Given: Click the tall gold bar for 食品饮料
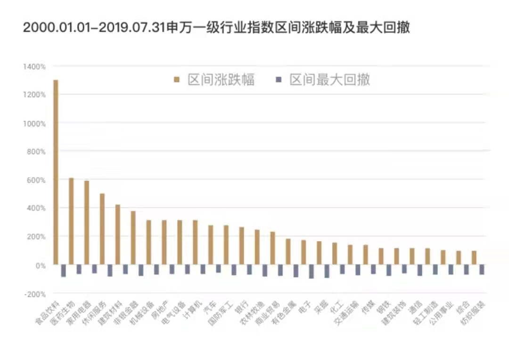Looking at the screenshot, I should (56, 172).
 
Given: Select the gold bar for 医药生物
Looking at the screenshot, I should (71, 221).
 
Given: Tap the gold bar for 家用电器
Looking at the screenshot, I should (87, 222).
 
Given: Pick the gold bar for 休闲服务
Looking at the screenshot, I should (102, 229).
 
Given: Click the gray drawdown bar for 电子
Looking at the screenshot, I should (311, 271).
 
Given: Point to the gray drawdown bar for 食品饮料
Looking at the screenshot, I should (63, 270).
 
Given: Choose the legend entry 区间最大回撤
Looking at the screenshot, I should (330, 80).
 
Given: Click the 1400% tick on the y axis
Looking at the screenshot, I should (34, 67).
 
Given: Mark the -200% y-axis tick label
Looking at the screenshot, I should (34, 294).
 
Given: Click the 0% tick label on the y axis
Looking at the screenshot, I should (41, 265).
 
